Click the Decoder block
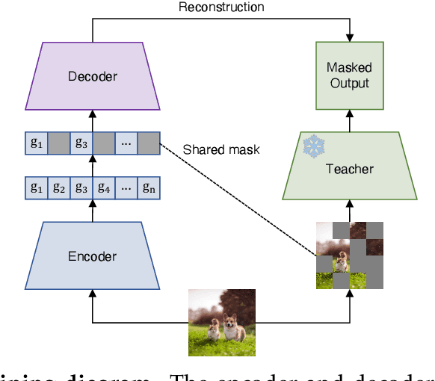93,76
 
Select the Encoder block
93,255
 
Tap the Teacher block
349,169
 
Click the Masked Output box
349,75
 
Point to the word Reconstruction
221,8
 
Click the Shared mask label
221,149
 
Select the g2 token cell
59,188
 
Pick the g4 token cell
104,188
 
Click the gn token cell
149,188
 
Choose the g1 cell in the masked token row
37,143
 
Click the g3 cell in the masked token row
81,143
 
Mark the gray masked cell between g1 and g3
59,143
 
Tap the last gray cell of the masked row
149,143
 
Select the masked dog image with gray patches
349,254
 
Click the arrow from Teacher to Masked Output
349,120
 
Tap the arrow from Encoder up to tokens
93,211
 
